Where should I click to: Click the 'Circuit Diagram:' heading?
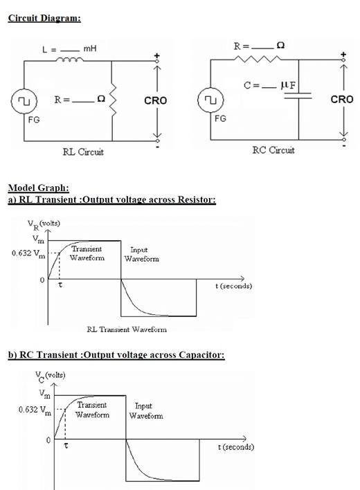point(44,18)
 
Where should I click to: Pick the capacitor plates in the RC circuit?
point(298,98)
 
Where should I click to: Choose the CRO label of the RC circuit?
point(342,99)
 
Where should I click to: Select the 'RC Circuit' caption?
point(272,150)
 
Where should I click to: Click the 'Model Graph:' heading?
point(38,188)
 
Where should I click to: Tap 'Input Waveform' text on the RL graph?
point(142,254)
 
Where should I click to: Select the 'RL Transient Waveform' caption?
point(127,329)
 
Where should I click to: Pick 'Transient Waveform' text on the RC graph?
point(92,410)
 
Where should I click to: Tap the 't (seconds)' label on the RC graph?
point(235,447)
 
